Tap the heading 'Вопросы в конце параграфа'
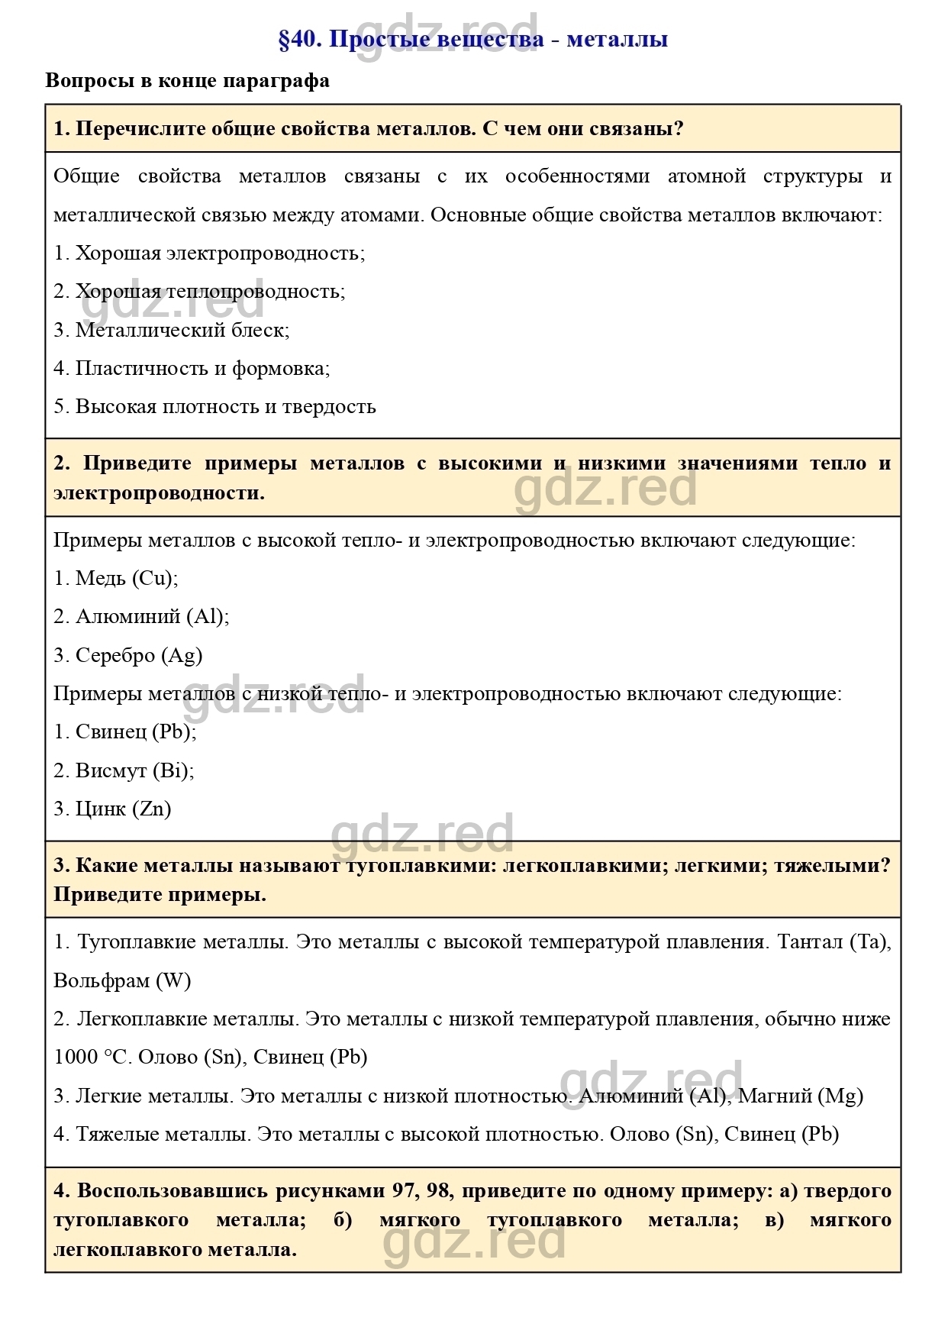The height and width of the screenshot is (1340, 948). [188, 81]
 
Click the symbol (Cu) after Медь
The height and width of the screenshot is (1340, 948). [155, 578]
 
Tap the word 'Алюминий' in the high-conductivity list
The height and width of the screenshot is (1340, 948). [127, 616]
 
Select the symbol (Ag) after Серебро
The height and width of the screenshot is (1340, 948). [182, 655]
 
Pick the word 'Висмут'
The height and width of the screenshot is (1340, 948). [111, 770]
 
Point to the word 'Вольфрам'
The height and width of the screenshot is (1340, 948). [102, 980]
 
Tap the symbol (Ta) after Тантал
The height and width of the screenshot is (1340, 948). [869, 942]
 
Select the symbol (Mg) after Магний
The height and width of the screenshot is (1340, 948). [840, 1096]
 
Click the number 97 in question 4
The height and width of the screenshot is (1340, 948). [405, 1190]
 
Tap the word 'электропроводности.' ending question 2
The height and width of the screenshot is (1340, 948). [159, 493]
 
